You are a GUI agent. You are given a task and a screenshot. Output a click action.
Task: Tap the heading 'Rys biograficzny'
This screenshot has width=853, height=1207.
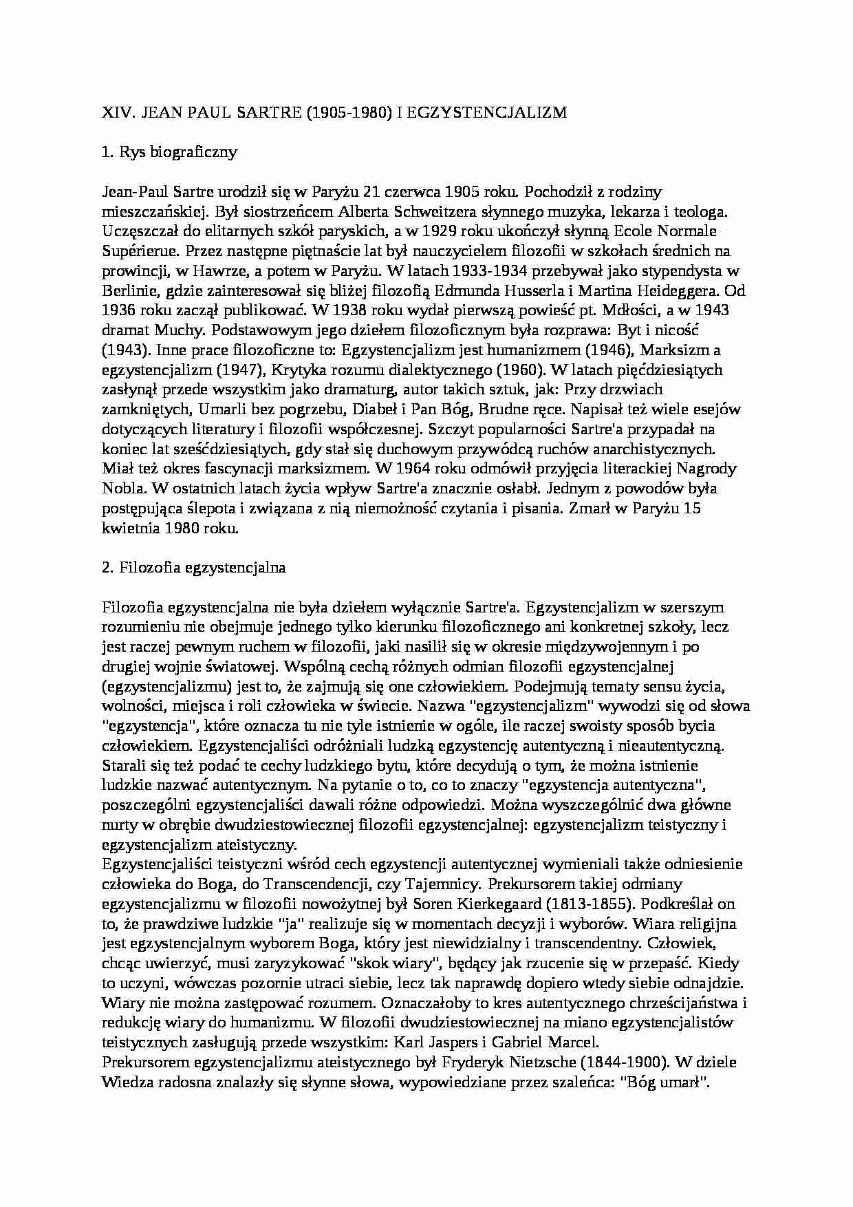(178, 152)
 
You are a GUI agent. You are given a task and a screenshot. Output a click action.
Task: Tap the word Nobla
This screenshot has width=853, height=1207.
(123, 489)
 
